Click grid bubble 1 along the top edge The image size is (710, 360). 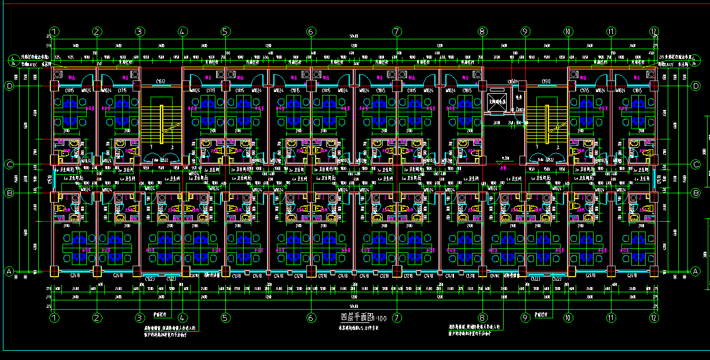click(x=54, y=31)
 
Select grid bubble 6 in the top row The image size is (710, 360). click(x=311, y=31)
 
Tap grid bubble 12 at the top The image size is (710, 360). click(x=654, y=31)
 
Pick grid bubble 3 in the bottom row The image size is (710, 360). click(x=140, y=317)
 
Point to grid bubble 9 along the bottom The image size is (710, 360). click(x=525, y=317)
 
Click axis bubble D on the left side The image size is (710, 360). click(x=9, y=86)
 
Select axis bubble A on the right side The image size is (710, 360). click(x=696, y=271)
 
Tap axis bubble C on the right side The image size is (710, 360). click(x=696, y=165)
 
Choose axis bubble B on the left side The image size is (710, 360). click(x=9, y=192)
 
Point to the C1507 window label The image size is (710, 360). click(x=512, y=82)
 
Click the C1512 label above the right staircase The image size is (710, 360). click(x=546, y=82)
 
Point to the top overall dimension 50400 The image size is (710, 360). click(x=354, y=36)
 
